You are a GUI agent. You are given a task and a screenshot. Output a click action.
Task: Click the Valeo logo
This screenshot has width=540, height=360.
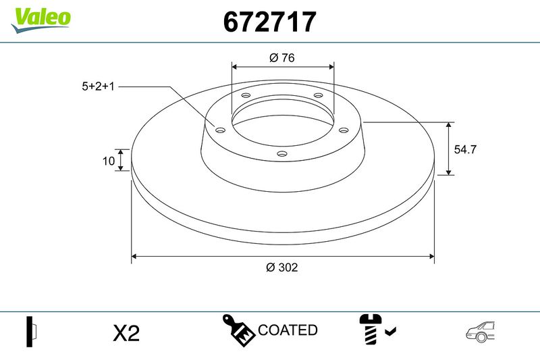[x=41, y=20]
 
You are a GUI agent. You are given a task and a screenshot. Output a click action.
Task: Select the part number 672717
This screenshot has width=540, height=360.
[x=269, y=22]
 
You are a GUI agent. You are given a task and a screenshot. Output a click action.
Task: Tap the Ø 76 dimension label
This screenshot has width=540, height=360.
[x=282, y=57]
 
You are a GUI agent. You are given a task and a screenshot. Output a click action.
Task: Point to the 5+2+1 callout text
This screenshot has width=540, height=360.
[x=98, y=86]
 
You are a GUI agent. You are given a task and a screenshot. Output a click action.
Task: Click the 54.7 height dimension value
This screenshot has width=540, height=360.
[x=465, y=149]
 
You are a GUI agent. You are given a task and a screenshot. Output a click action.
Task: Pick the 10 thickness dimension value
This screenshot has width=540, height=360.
[x=109, y=161]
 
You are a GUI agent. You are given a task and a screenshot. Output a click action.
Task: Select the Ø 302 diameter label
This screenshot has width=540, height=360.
[x=281, y=267]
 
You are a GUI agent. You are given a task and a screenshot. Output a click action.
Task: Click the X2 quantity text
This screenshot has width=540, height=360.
[x=126, y=333]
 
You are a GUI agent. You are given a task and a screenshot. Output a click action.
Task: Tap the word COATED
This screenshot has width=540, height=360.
[x=288, y=330]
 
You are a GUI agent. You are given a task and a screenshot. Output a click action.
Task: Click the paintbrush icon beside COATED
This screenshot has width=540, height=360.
[x=238, y=330]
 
